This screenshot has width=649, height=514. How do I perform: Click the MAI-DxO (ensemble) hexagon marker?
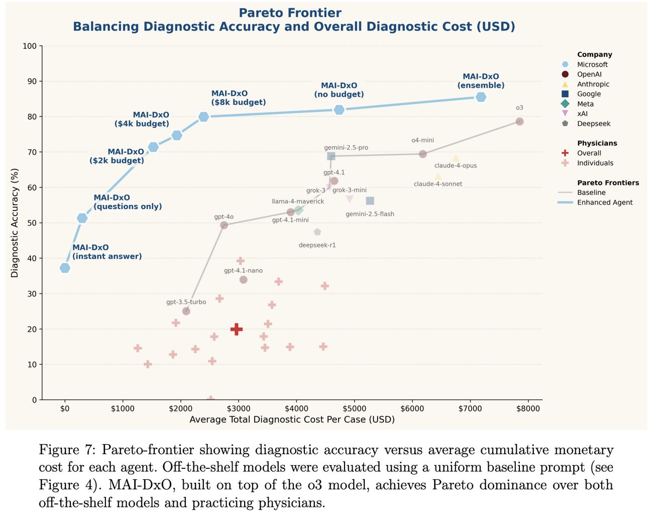coord(481,97)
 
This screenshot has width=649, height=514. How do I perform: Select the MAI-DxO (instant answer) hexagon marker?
coord(65,268)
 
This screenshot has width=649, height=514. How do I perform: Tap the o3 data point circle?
coord(519,122)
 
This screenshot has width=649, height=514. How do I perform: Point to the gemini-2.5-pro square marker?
coord(331,156)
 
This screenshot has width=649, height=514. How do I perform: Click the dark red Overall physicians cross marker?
coord(237,329)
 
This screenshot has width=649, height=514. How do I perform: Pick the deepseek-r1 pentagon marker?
coord(317,232)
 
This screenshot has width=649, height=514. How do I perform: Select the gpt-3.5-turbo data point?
coord(186,311)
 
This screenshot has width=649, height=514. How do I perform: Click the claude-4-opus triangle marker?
coord(456,159)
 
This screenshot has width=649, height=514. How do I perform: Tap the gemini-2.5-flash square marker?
coord(370,201)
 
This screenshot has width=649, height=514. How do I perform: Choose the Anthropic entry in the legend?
coord(593,84)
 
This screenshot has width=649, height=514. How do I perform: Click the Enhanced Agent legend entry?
coord(604,202)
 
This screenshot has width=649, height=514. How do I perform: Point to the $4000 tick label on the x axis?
coord(296,408)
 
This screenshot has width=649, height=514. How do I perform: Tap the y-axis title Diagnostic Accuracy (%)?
coord(15,223)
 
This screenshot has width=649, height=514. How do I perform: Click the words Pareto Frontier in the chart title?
coord(290,13)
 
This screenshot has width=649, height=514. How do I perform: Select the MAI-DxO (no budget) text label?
coord(339,90)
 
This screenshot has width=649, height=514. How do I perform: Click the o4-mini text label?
coord(422,140)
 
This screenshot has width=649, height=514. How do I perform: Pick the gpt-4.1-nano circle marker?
coord(243,279)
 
